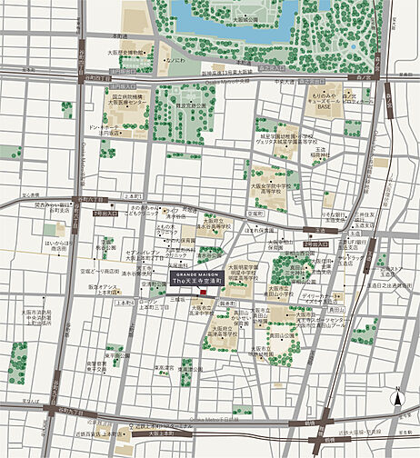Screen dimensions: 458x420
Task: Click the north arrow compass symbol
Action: click(x=397, y=397)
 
